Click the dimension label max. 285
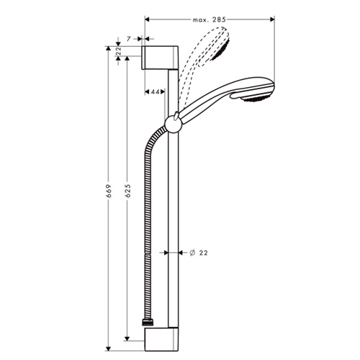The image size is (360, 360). pos(210,19)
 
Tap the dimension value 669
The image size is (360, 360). pos(109,191)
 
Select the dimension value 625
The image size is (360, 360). pos(128,191)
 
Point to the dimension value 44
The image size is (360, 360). pos(155,91)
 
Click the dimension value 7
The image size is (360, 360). pos(129,39)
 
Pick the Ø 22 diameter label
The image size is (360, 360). pos(198,253)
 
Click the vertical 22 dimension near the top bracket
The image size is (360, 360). pos(118,51)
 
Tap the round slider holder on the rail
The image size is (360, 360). pos(172,124)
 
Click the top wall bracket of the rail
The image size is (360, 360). pos(160,58)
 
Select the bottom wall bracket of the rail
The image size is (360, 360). pos(161,340)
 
